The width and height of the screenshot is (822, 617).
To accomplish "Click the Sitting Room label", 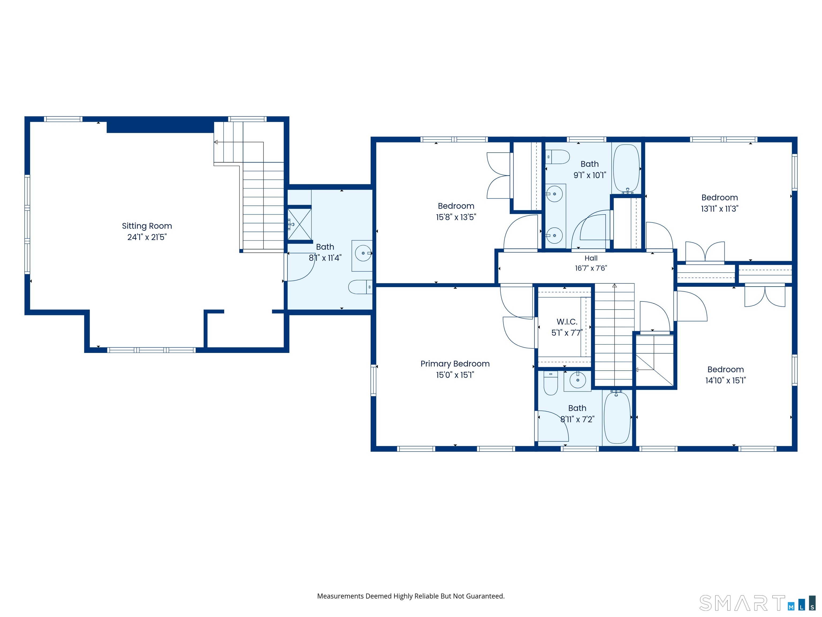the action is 147,226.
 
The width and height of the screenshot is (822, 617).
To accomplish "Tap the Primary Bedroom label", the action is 455,364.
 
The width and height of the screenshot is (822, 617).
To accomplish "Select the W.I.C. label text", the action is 567,322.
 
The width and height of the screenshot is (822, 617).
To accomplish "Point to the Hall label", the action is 591,258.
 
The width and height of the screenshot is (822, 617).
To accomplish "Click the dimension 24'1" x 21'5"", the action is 147,237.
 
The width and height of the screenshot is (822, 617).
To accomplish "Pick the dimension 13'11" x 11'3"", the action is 720,209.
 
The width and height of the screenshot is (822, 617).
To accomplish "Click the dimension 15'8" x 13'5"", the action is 456,217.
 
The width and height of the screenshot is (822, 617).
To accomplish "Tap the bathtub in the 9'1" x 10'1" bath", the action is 626,168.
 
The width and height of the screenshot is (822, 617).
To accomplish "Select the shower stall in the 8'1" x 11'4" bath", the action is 299,224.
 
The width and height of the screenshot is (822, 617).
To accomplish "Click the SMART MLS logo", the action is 757,603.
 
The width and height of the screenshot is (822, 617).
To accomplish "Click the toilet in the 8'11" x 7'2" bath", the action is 551,383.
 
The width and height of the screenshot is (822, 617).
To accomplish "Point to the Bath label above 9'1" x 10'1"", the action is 589,164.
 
